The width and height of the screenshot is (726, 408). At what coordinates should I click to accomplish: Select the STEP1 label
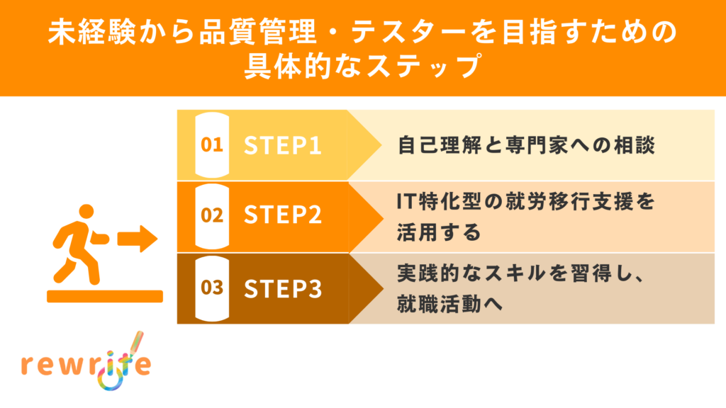coord(283,145)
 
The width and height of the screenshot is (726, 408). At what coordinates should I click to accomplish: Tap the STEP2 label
coord(283,216)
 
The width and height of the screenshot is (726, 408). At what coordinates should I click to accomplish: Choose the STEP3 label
coord(283,288)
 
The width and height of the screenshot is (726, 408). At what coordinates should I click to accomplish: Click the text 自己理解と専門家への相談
coord(525,145)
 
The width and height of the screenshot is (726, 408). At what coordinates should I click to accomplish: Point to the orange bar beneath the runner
coord(105,296)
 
